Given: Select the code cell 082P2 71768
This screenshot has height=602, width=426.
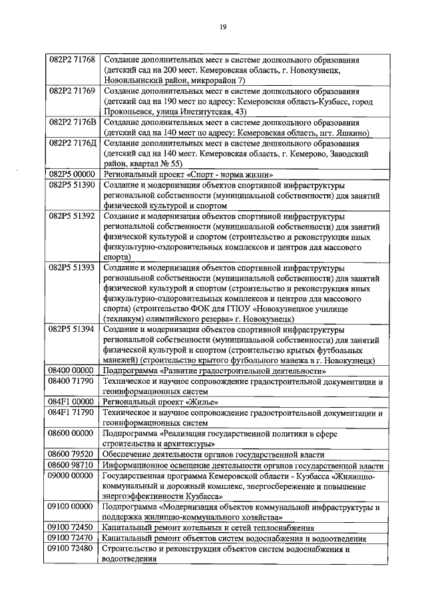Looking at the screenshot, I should [73, 59].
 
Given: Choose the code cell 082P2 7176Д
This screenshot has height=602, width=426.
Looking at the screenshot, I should [73, 143].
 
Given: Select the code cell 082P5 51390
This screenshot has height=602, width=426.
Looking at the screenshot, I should [73, 184].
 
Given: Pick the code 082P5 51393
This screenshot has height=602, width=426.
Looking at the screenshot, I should [73, 267].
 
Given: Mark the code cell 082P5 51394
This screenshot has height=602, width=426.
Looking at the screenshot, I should [73, 330].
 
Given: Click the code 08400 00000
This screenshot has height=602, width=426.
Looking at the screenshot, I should [73, 371].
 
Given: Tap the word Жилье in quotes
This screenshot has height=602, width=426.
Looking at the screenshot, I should [200, 402].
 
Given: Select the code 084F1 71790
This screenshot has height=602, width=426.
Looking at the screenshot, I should [73, 412].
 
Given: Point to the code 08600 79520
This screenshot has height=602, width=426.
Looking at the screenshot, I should [73, 454].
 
